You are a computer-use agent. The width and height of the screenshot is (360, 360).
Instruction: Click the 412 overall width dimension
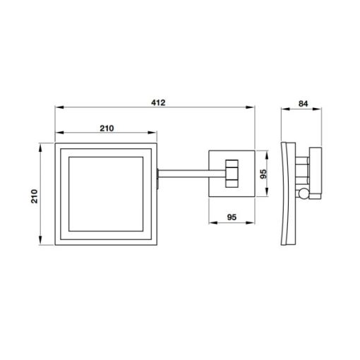coord(158,103)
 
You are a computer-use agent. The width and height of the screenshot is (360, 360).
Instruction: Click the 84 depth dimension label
coord(303,104)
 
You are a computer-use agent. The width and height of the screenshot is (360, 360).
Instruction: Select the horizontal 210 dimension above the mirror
coord(107,128)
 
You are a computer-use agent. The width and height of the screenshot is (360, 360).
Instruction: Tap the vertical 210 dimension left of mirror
coord(35,196)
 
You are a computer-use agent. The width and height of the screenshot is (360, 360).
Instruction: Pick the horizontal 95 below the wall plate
coord(232,217)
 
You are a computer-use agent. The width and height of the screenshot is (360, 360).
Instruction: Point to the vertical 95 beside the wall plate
coord(263,174)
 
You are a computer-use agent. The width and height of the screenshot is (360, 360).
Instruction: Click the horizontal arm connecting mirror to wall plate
coord(192,174)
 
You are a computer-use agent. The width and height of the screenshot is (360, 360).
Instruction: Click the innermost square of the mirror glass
coord(106,194)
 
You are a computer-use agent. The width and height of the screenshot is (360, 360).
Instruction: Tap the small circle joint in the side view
coord(304,194)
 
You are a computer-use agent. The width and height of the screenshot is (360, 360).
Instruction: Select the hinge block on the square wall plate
coord(232,174)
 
